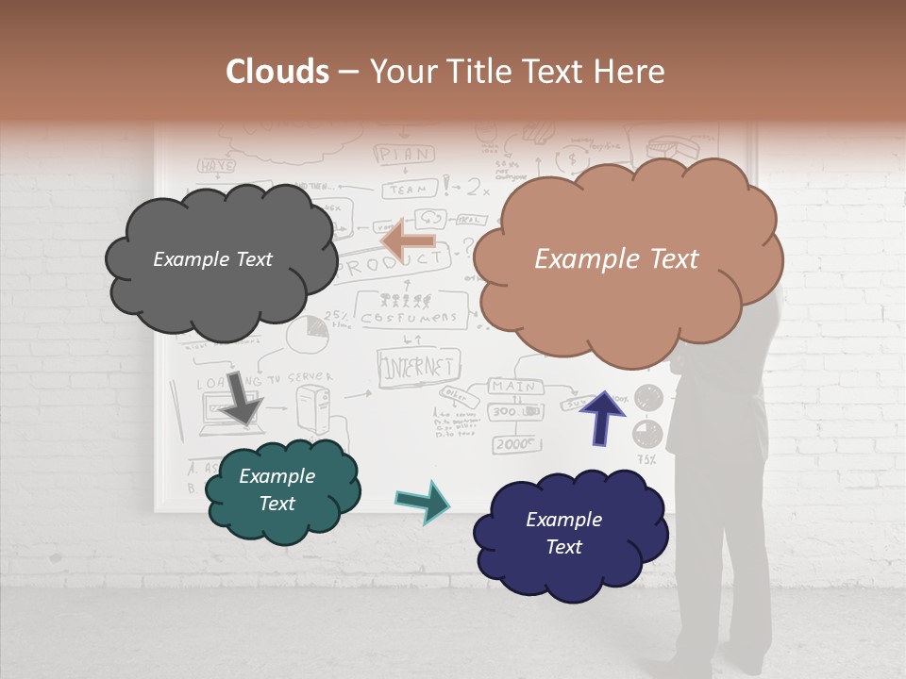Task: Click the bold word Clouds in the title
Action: [x=277, y=72]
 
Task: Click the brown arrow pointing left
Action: [x=407, y=240]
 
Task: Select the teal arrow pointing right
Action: [x=423, y=502]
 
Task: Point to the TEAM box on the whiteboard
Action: [x=410, y=188]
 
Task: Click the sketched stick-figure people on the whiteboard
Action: [x=406, y=302]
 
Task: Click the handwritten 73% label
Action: [x=646, y=460]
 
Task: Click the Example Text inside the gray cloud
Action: [x=212, y=259]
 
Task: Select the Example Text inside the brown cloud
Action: [x=616, y=259]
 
